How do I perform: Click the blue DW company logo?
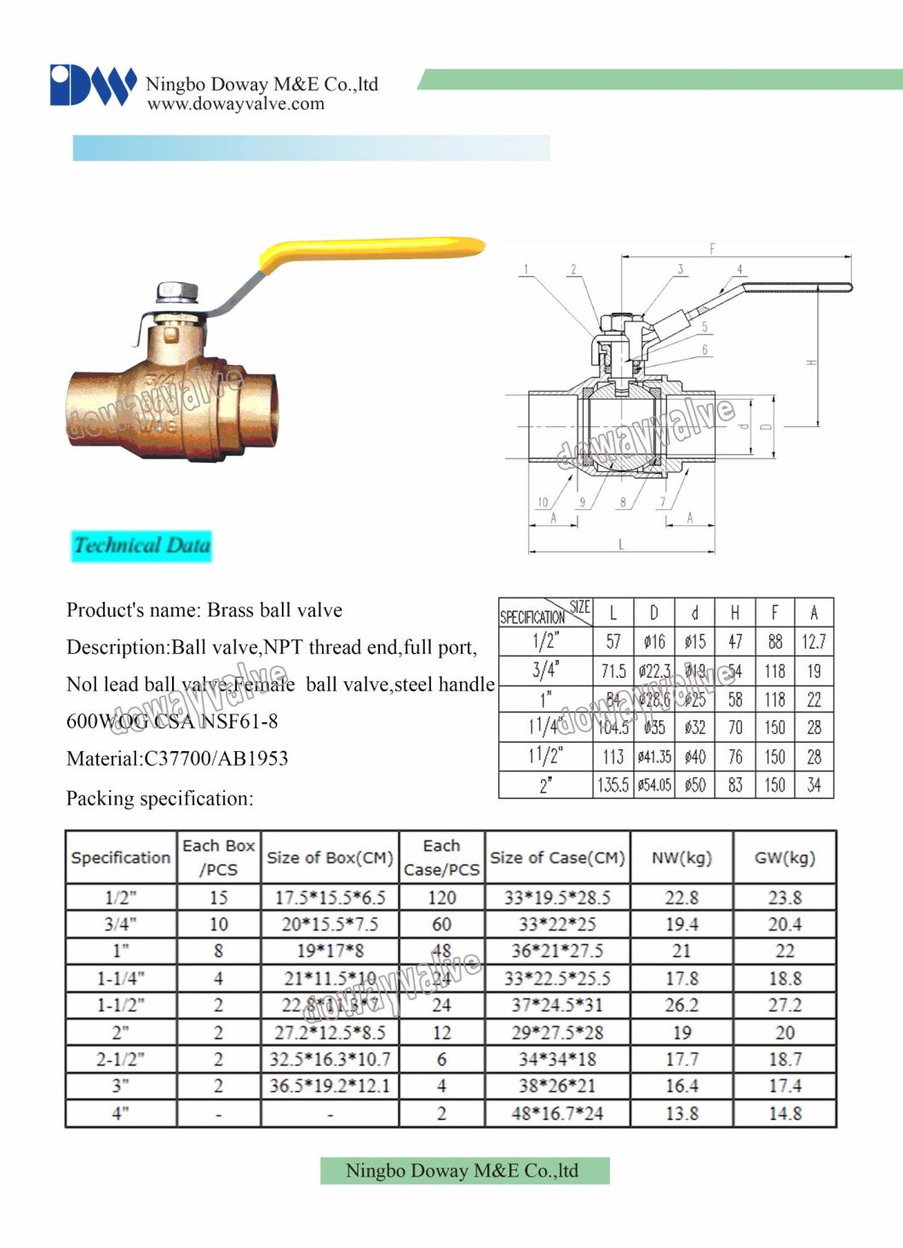point(92,85)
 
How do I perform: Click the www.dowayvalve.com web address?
point(235,104)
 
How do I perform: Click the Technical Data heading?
point(141,546)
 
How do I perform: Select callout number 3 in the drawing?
point(680,269)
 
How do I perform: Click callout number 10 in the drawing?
point(543,502)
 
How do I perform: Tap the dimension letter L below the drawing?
point(621,544)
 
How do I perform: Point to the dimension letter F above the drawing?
point(712,249)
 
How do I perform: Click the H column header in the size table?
point(734,612)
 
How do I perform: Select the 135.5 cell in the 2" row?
point(613,785)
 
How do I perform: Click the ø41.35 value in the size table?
point(654,757)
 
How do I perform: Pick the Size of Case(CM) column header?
point(557,858)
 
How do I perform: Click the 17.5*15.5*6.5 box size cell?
point(330,898)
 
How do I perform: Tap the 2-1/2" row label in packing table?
point(121,1060)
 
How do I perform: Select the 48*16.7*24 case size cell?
point(557,1113)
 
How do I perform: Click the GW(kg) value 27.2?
point(785,1005)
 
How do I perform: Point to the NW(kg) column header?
point(682,858)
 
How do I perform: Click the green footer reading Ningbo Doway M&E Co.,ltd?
point(464,1170)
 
